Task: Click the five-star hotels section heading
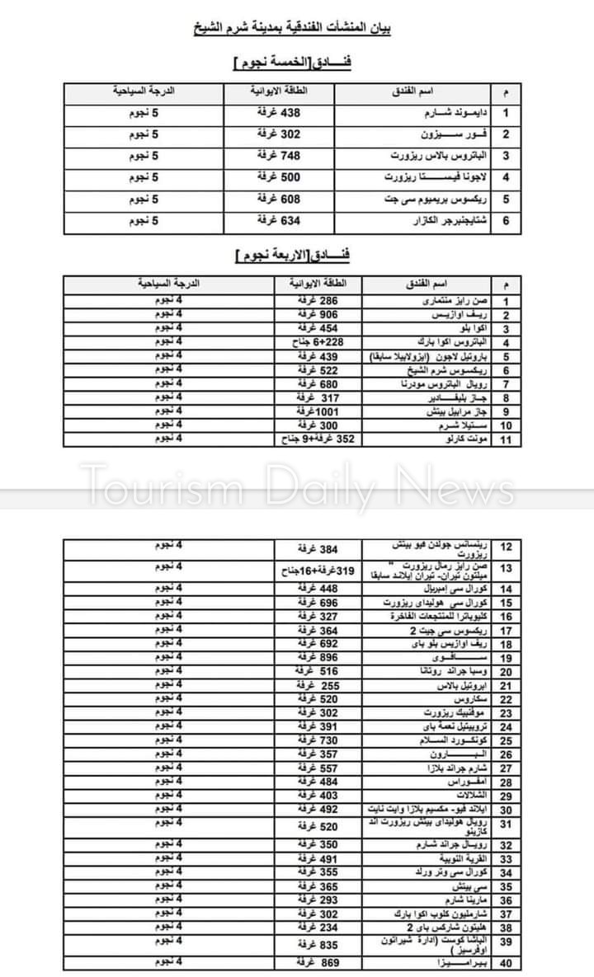point(293,63)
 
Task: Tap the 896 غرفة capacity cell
point(317,658)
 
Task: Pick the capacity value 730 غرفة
point(317,741)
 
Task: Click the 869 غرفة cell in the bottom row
point(317,964)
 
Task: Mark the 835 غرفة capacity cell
point(317,944)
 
